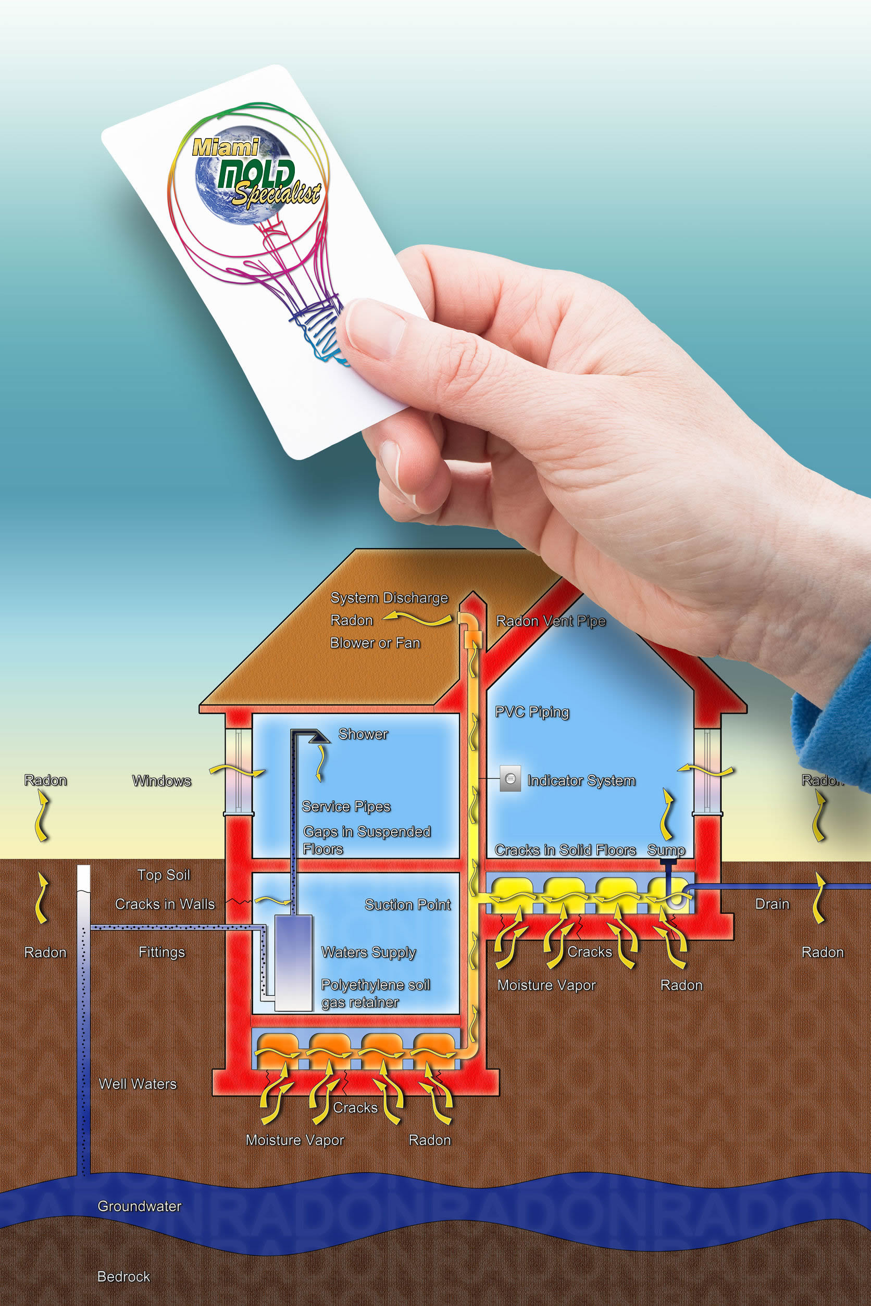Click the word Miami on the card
pyautogui.click(x=226, y=147)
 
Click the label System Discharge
pyautogui.click(x=389, y=598)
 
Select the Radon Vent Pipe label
pyautogui.click(x=551, y=621)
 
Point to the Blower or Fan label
pyautogui.click(x=376, y=643)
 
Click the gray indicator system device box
pyautogui.click(x=510, y=779)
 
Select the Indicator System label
pyautogui.click(x=581, y=781)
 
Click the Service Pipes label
pyautogui.click(x=346, y=807)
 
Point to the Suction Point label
pyautogui.click(x=408, y=905)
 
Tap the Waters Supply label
pyautogui.click(x=369, y=953)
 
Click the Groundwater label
pyautogui.click(x=140, y=1206)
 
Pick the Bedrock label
pyautogui.click(x=124, y=1276)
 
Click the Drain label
pyautogui.click(x=772, y=904)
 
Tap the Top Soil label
pyautogui.click(x=164, y=875)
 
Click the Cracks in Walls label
pyautogui.click(x=165, y=904)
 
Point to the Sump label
pyautogui.click(x=666, y=850)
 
